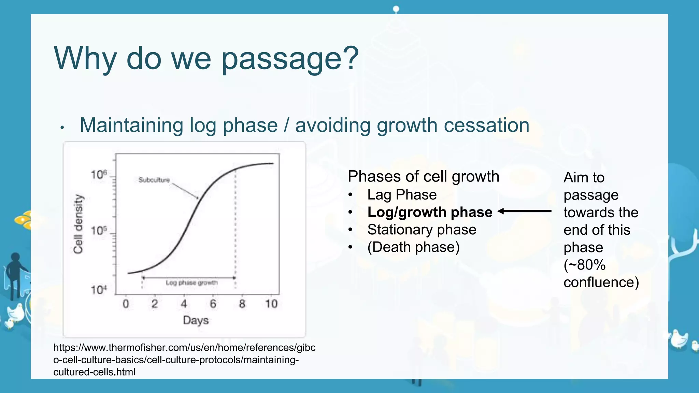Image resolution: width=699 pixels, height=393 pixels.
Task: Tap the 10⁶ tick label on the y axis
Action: click(x=99, y=175)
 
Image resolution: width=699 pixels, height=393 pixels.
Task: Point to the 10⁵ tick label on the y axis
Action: click(x=99, y=231)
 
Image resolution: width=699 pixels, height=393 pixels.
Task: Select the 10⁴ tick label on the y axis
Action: click(x=99, y=290)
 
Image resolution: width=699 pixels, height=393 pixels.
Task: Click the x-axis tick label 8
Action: click(x=242, y=304)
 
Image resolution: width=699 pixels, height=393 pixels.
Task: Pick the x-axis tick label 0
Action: click(x=126, y=304)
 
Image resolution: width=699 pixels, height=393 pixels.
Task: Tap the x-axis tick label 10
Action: click(x=271, y=304)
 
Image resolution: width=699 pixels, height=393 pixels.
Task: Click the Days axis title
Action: click(x=196, y=320)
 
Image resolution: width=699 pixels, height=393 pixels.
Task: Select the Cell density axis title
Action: click(x=79, y=224)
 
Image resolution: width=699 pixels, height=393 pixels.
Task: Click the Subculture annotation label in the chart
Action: click(x=154, y=180)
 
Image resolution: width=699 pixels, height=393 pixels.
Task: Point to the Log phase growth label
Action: click(x=191, y=283)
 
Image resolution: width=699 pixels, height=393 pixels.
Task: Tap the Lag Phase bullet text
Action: click(x=402, y=195)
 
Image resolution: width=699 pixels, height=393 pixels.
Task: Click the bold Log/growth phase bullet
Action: click(x=429, y=212)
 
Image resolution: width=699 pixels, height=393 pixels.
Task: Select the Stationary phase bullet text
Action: click(x=422, y=230)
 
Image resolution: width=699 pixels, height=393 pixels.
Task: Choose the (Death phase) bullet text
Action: click(x=413, y=247)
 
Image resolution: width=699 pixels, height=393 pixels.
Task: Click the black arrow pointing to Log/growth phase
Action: click(x=524, y=212)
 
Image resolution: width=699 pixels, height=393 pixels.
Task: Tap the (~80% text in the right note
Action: click(x=584, y=265)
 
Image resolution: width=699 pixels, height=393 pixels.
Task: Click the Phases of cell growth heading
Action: click(x=423, y=177)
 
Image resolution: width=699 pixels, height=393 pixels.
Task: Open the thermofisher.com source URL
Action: click(x=184, y=360)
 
